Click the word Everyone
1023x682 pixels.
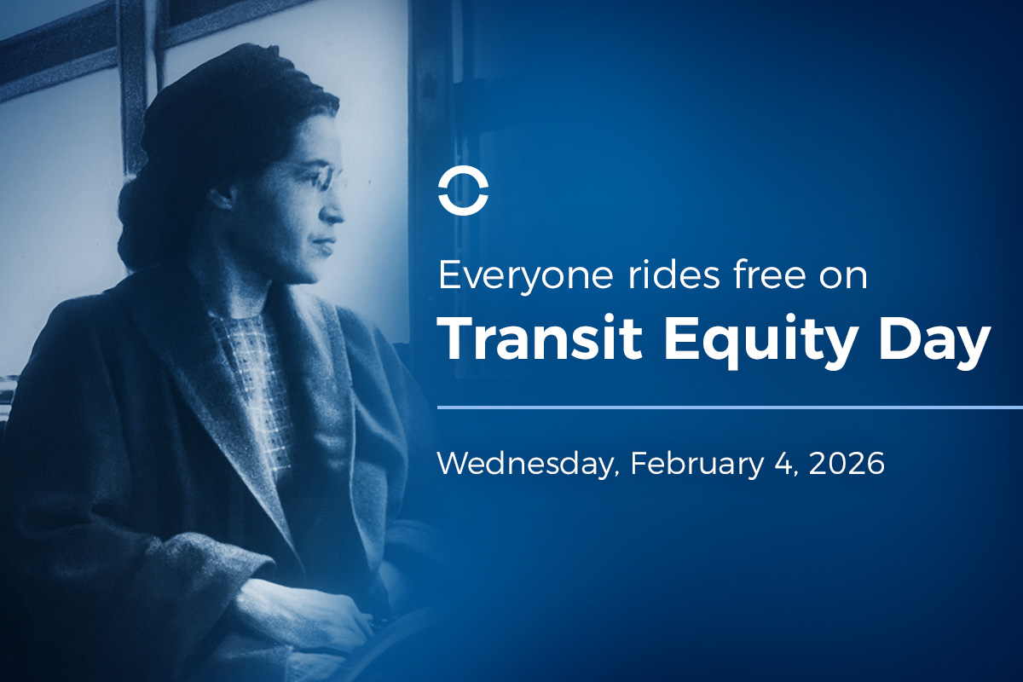tap(525, 277)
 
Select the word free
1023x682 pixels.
tap(769, 275)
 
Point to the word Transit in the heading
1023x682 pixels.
tap(540, 339)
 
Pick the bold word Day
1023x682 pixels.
tap(934, 342)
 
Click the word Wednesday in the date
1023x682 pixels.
tap(528, 464)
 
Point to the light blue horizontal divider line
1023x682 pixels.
tap(730, 407)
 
